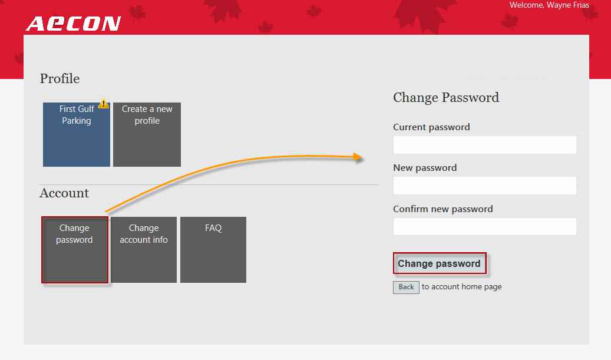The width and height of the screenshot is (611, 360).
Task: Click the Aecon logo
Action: coord(73,24)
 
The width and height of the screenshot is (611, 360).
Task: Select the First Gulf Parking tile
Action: coord(77,134)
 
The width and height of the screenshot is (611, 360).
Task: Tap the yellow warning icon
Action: coord(104,104)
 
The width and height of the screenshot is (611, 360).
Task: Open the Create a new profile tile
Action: coord(147,134)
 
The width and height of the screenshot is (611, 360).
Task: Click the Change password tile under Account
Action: coord(75,250)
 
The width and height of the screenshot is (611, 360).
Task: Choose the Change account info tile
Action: coord(144,250)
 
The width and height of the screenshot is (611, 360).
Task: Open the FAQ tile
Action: coord(213,250)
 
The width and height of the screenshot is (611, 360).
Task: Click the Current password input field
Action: coord(485,145)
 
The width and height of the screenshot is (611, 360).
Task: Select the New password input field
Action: coord(485,186)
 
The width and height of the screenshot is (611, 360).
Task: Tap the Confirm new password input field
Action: coord(485,226)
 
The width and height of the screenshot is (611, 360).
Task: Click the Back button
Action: coord(406,287)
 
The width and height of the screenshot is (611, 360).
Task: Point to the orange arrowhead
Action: coord(358,157)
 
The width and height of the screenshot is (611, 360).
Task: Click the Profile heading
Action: coord(60,79)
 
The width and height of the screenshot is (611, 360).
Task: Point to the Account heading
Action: coord(64,193)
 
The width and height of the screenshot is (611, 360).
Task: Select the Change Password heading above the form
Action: coord(446,97)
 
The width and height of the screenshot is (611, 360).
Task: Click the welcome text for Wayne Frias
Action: coord(550,5)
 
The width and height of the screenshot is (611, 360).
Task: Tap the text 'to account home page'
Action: coord(462,287)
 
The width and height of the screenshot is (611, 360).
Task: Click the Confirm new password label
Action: coord(443,209)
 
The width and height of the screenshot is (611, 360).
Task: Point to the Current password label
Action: coord(431,127)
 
